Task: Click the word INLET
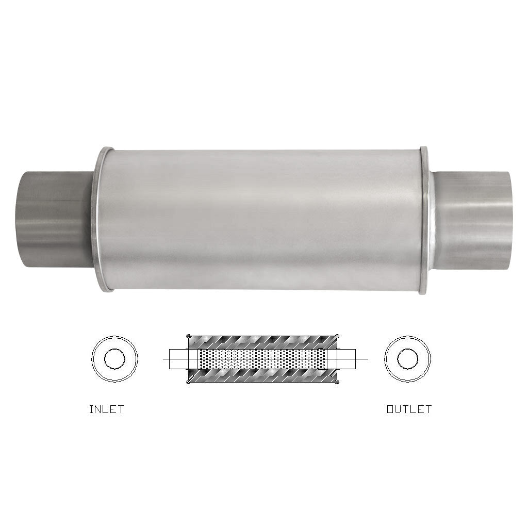click(x=106, y=409)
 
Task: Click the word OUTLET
click(x=409, y=409)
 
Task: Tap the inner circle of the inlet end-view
click(x=114, y=359)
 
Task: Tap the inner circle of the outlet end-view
click(x=407, y=359)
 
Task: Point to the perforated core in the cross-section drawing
click(x=263, y=359)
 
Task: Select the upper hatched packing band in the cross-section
click(x=263, y=342)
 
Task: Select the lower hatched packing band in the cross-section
click(x=263, y=376)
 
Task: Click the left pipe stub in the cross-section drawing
click(x=178, y=359)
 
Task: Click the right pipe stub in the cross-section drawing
click(x=347, y=359)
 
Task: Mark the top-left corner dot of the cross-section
click(x=188, y=335)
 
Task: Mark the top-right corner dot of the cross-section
click(x=338, y=335)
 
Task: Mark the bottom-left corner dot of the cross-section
click(x=188, y=383)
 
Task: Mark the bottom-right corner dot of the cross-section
click(x=338, y=383)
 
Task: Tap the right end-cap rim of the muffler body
click(x=424, y=219)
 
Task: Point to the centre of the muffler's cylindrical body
click(x=263, y=219)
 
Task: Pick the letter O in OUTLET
click(x=390, y=409)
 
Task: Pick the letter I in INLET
click(x=91, y=409)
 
